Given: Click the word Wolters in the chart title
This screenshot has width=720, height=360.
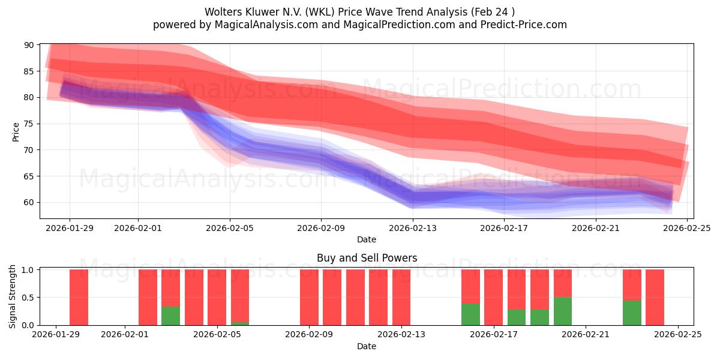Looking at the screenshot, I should pos(223,12).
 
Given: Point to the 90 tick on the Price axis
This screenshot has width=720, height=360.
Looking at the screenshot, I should pos(29,45).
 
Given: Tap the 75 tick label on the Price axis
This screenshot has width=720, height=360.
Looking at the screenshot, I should pos(29,124).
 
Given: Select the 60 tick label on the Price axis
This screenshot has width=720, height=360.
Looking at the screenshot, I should pos(29,202).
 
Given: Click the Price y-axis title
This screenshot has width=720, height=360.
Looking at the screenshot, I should pos(16,131).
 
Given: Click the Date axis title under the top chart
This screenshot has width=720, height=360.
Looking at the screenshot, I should pos(366,239).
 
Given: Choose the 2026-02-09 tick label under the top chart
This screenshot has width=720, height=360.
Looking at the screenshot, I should pos(321,227).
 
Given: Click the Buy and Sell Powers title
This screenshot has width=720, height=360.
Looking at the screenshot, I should pos(366,259).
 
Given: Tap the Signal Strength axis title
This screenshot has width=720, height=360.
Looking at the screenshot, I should pos(13,297).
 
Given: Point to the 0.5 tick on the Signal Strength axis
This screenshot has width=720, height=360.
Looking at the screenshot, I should pos(27,298).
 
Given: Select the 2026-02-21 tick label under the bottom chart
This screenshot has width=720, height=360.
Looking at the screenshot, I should pos(585,335).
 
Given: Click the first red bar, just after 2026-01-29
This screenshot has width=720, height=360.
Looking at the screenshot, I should pos(79,297).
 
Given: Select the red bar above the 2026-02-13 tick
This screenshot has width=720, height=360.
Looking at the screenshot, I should pos(401,297).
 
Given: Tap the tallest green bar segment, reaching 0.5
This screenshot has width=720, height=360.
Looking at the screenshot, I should pos(562,311).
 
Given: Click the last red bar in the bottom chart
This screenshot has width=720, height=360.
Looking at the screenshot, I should pos(655,297).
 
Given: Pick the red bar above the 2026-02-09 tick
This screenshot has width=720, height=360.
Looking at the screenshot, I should pos(309,297).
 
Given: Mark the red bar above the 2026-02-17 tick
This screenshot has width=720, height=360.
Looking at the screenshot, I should pos(493,297).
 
